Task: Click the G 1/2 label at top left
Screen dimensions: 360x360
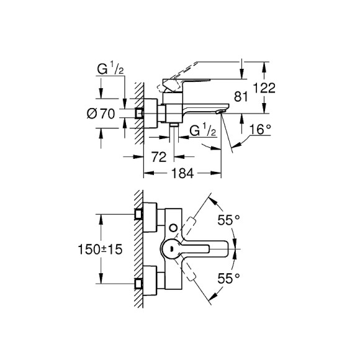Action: (x=110, y=70)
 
